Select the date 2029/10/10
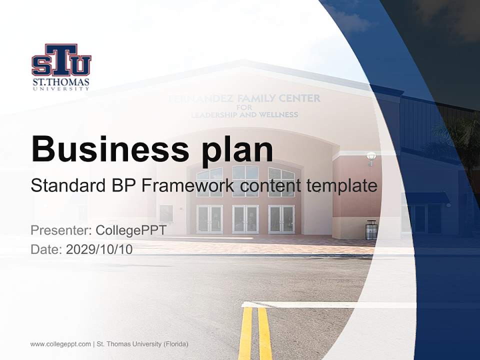pos(99,249)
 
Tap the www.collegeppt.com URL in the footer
pos(60,344)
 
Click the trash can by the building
pos(371,229)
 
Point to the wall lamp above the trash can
pos(371,157)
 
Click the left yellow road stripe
pos(245,332)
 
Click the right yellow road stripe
pos(264,332)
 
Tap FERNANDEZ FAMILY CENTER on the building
pos(244,98)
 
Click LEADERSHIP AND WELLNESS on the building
pos(244,114)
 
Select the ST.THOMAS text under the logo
pos(61,82)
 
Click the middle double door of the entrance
pos(245,219)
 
